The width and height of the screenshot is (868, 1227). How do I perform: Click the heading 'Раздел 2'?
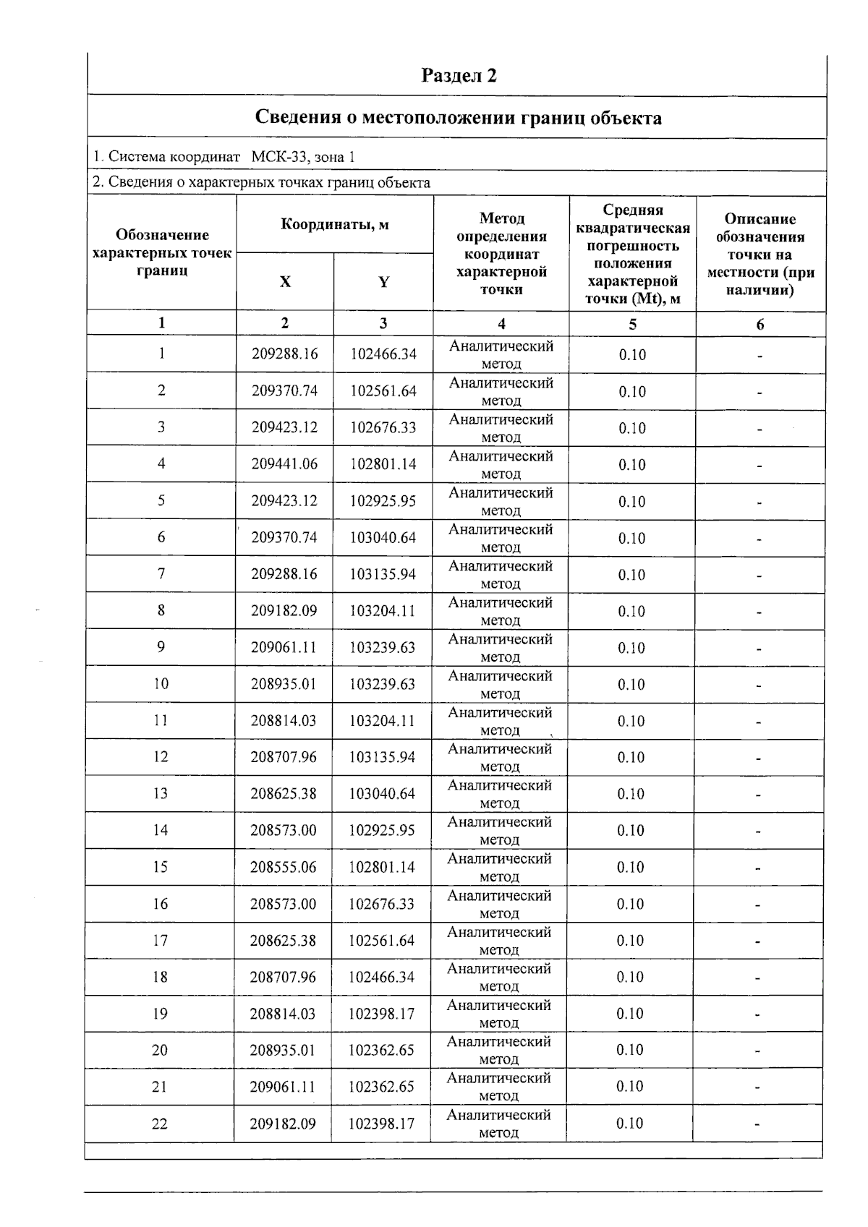click(459, 76)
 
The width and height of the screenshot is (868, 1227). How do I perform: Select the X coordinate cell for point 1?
click(284, 354)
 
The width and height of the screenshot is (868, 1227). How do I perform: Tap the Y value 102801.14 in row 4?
click(383, 464)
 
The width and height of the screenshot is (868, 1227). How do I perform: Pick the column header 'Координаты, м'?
click(334, 225)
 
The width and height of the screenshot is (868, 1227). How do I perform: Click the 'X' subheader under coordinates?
click(285, 282)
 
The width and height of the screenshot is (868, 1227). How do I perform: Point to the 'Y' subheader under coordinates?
click(383, 282)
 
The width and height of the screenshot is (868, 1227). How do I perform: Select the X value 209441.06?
click(284, 464)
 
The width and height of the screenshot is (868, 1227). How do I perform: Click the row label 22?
click(159, 1124)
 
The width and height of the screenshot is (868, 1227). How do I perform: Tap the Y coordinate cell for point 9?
click(382, 647)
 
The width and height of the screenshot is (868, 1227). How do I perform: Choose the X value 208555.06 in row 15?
click(284, 867)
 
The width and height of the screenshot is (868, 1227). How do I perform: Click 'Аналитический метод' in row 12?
click(500, 757)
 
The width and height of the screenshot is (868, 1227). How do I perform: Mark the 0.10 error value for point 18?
click(630, 977)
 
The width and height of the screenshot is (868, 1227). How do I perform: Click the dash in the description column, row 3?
click(759, 429)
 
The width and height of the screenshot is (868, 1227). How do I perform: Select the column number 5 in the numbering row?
click(632, 324)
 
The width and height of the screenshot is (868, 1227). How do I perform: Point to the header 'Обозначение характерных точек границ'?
click(162, 252)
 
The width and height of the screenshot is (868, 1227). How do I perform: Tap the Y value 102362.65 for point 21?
click(381, 1087)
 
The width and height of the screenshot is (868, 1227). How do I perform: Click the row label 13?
click(160, 794)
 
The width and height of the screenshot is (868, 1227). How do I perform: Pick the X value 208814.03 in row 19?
click(283, 1014)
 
